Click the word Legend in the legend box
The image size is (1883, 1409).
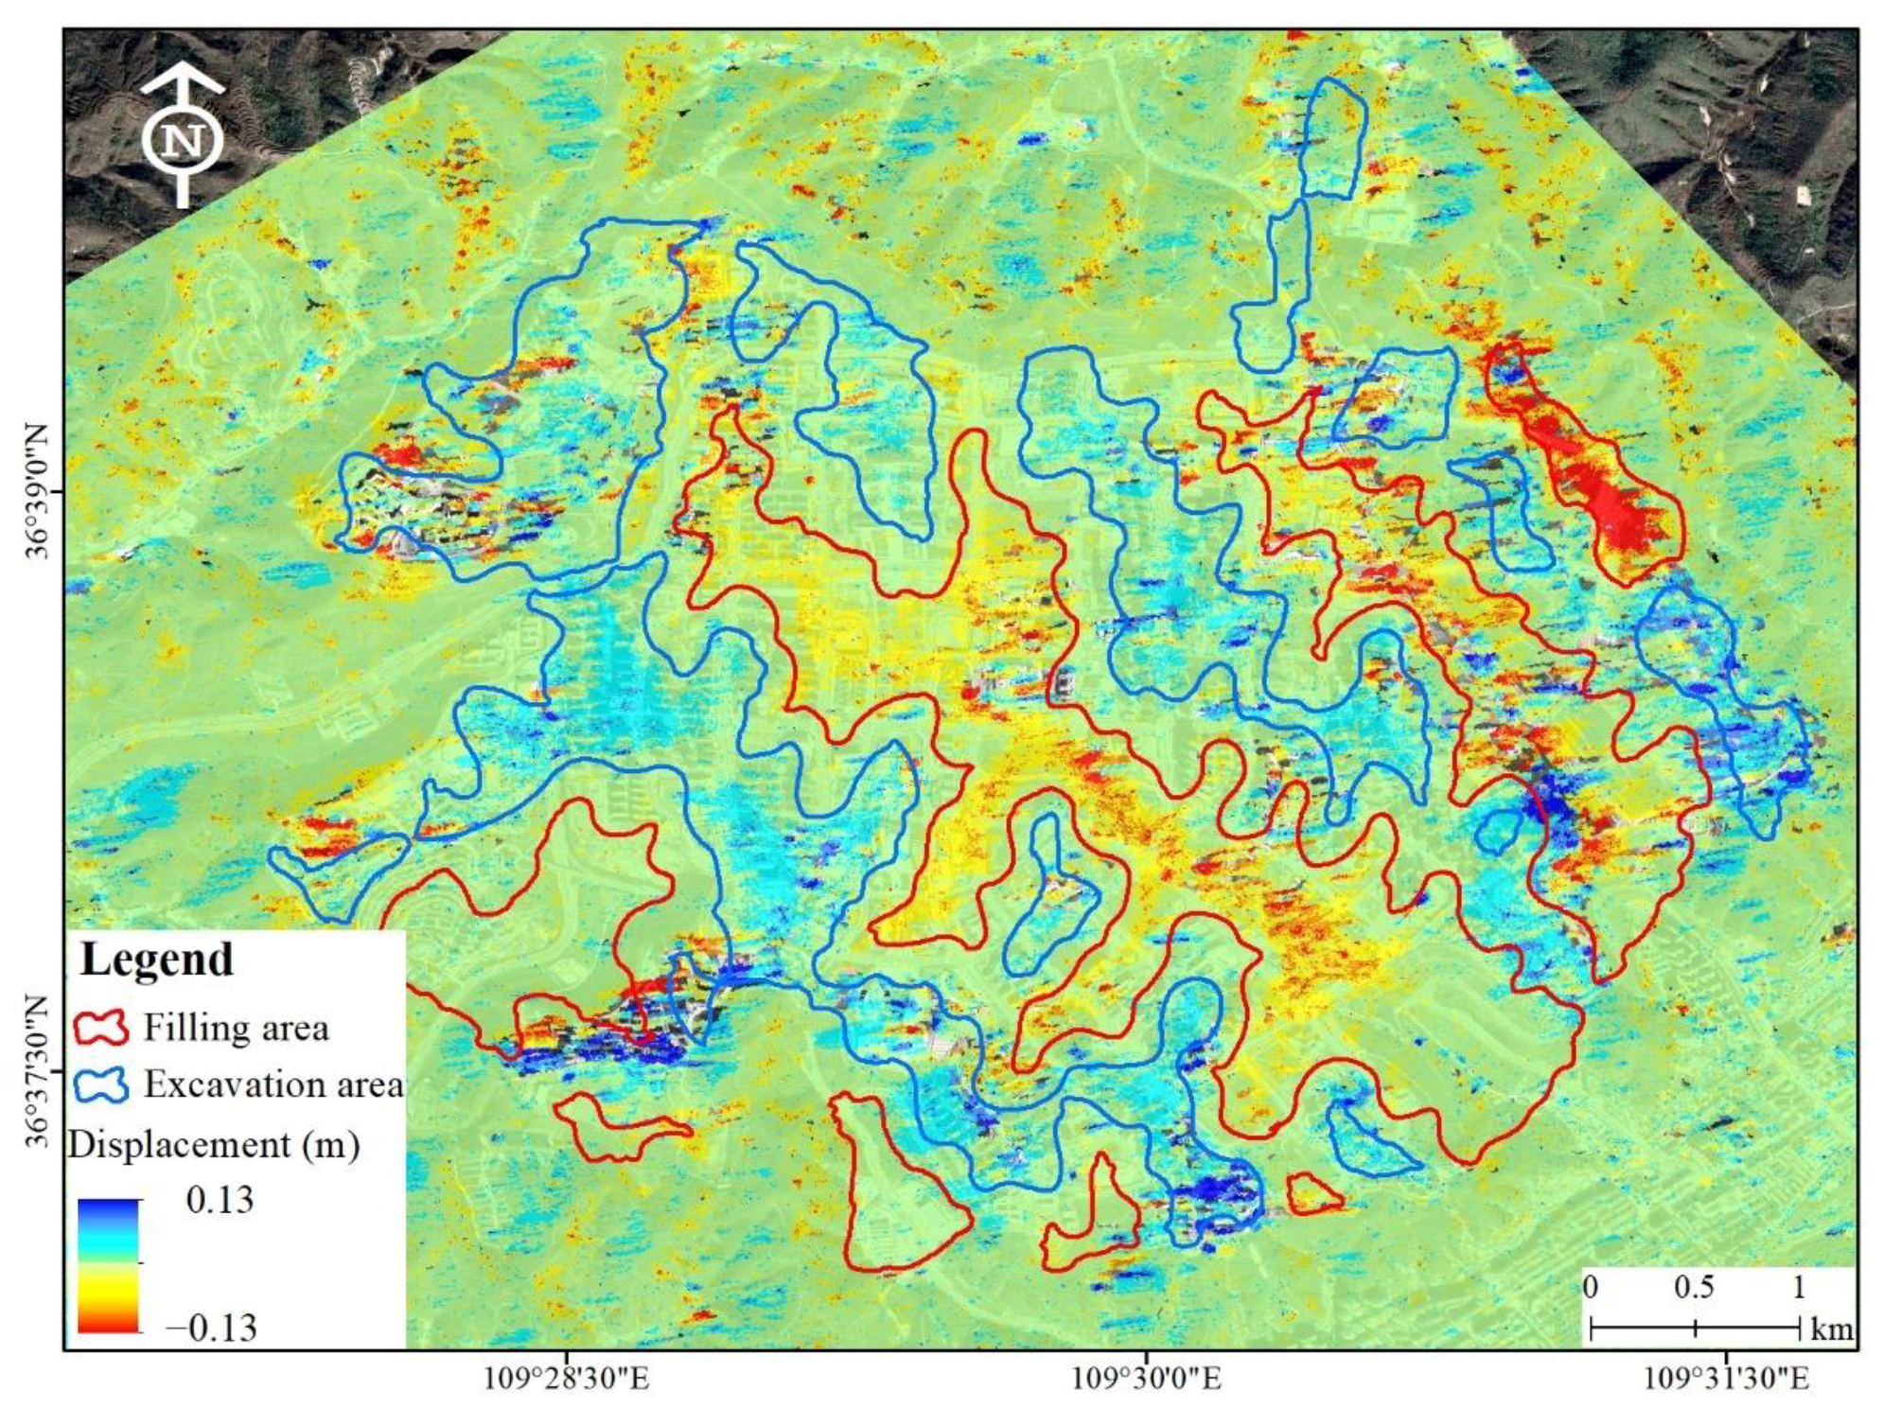[157, 960]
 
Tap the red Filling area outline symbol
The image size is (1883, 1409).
[101, 1028]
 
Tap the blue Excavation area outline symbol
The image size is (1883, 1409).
[101, 1084]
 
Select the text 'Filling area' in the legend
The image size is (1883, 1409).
[236, 1028]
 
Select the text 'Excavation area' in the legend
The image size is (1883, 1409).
[273, 1084]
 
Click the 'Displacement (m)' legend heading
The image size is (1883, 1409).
[214, 1145]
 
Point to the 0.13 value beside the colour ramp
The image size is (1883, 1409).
[220, 1200]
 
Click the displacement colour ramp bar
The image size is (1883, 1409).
[109, 1265]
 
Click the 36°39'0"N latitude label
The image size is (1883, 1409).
[36, 492]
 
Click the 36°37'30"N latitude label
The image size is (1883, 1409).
[36, 1070]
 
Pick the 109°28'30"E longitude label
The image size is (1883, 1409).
[567, 1378]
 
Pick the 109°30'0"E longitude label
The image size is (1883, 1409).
[1146, 1378]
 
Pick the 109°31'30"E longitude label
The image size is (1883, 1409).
[1727, 1378]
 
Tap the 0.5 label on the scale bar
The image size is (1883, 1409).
[1694, 1287]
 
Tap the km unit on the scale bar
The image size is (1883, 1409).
[1831, 1330]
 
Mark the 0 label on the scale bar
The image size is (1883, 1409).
[1592, 1287]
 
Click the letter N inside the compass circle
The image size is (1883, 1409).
[183, 141]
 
